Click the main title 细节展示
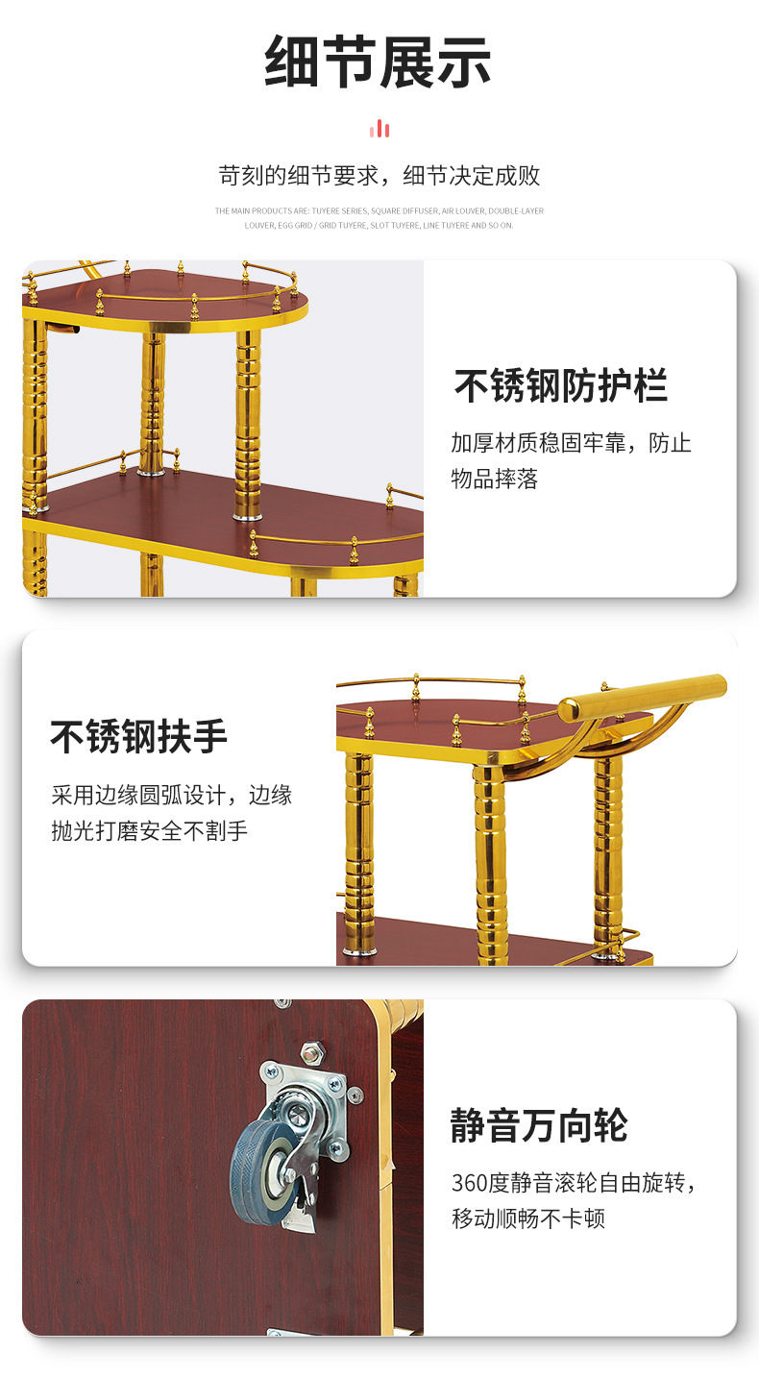(x=378, y=62)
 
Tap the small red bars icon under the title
(x=379, y=129)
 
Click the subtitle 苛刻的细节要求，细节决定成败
(x=379, y=176)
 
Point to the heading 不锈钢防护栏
(x=561, y=385)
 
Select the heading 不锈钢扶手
(x=139, y=736)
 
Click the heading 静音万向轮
(x=539, y=1125)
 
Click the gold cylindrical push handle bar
(x=642, y=698)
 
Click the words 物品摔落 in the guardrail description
(x=495, y=478)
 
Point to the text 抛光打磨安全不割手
(x=150, y=830)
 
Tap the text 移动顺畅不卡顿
(x=528, y=1218)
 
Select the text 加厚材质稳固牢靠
(x=538, y=443)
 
